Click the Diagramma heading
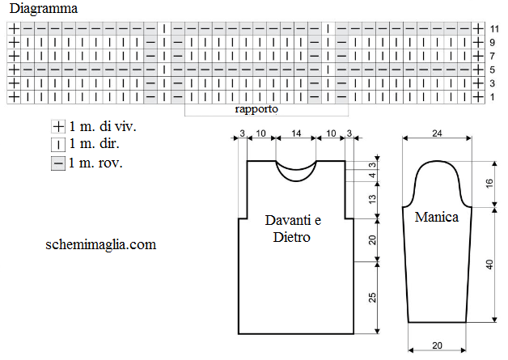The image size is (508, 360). pos(44,9)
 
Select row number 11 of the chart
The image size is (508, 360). pos(494,29)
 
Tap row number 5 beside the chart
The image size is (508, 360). pos(493,70)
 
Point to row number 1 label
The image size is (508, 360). pos(493,97)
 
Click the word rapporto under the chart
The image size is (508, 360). pos(256,109)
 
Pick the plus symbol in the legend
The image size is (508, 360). pos(58,126)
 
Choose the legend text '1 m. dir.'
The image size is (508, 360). pos(95,143)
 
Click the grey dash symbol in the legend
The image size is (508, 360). pos(58,163)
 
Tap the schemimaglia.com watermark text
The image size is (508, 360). pos(101,244)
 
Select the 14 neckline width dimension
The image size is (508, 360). pos(296,133)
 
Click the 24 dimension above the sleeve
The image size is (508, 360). pos(437,133)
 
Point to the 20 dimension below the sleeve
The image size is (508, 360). pos(437,345)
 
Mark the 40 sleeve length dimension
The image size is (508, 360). pos(489,265)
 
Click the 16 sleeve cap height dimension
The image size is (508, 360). pos(489,184)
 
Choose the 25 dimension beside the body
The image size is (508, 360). pos(372,298)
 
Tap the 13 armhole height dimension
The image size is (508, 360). pos(372,199)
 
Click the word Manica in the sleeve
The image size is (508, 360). pos(437,217)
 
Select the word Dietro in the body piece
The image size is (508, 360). pos(291,237)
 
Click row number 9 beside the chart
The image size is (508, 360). pos(493,42)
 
